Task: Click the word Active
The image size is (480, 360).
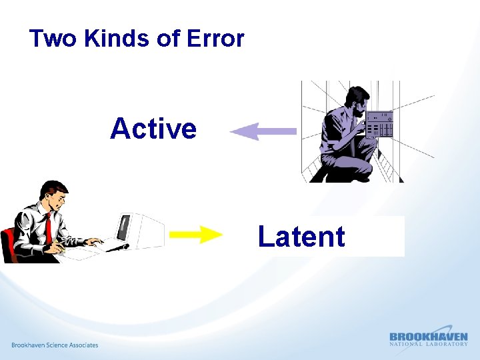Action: [x=153, y=129]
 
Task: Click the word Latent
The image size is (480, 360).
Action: [x=301, y=237]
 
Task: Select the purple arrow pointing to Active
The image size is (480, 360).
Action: [x=263, y=131]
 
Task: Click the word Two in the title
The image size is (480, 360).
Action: [x=53, y=39]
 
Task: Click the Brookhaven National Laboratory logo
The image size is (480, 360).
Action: [x=428, y=339]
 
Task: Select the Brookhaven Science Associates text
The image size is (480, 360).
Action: [x=55, y=345]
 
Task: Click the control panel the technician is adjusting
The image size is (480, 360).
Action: [x=380, y=124]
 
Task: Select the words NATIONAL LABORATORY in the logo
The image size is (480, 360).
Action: [x=428, y=344]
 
